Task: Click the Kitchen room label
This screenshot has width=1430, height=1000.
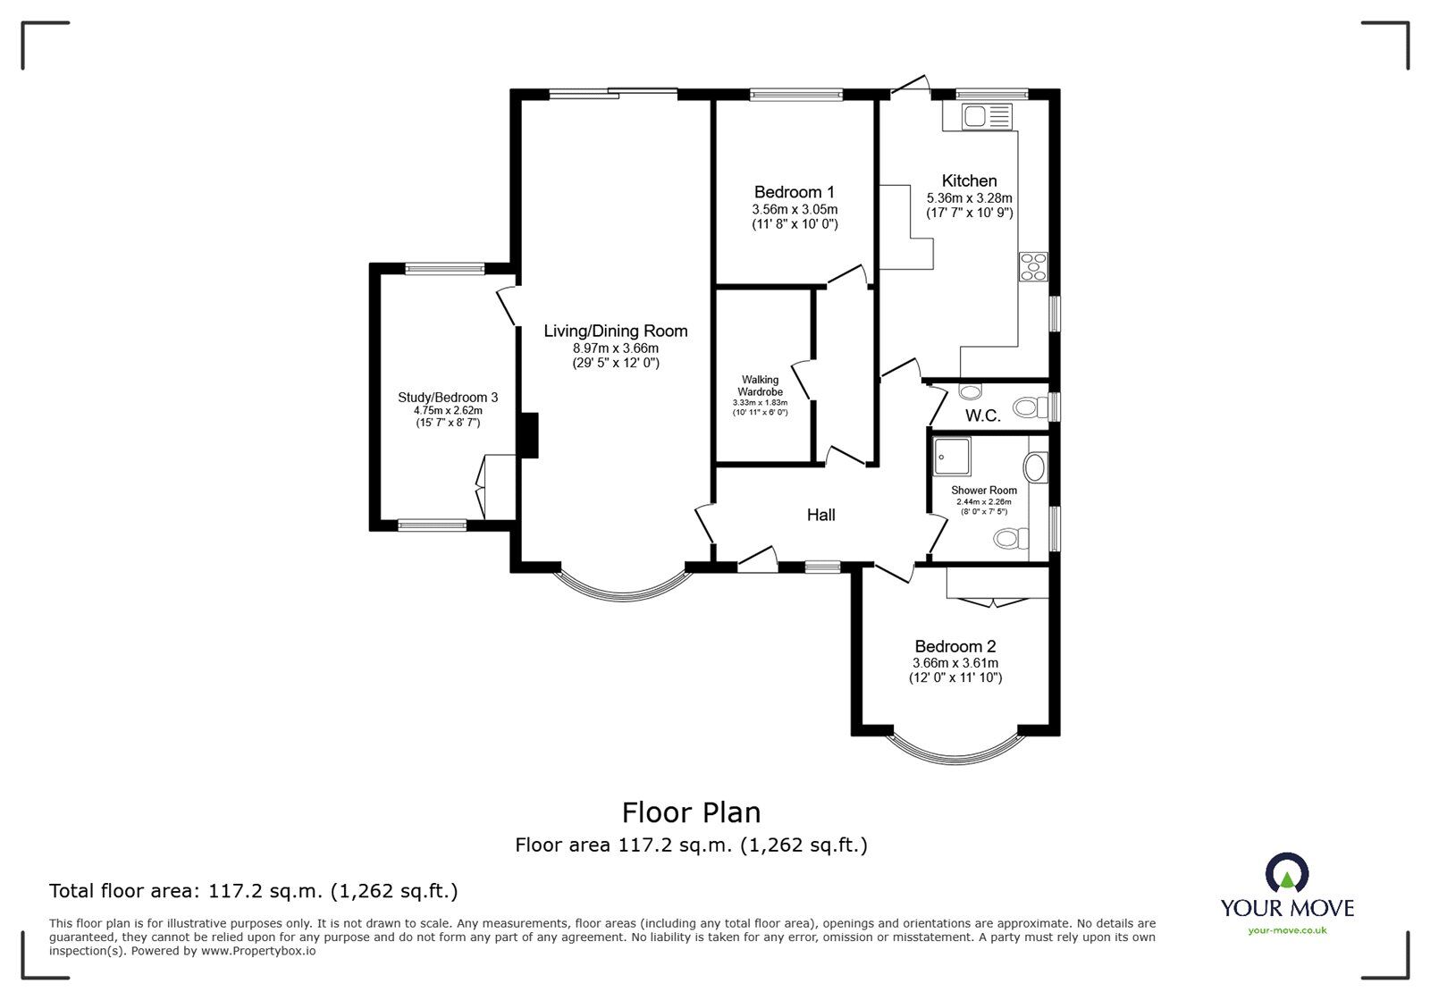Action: (x=969, y=181)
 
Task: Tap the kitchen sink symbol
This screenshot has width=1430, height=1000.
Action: (x=987, y=116)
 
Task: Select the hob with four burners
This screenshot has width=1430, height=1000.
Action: (x=1034, y=267)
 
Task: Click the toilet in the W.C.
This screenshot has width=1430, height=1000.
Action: (x=1032, y=408)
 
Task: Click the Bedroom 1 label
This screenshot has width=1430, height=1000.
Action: (x=794, y=192)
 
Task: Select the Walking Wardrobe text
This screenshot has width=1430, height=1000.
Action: (x=759, y=386)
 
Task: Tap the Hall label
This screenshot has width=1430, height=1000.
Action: (x=820, y=515)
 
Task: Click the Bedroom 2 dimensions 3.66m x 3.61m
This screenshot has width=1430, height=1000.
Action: (x=955, y=663)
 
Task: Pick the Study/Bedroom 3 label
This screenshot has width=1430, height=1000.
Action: (x=448, y=398)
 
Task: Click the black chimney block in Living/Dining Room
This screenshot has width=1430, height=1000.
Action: (x=529, y=435)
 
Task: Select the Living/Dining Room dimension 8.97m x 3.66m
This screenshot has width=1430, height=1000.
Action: (x=616, y=349)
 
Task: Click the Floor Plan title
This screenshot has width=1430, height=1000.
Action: (x=691, y=812)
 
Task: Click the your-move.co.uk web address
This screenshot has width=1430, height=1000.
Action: (x=1287, y=931)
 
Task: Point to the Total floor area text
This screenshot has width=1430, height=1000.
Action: (x=253, y=891)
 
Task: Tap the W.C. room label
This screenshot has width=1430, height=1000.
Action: (x=982, y=416)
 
